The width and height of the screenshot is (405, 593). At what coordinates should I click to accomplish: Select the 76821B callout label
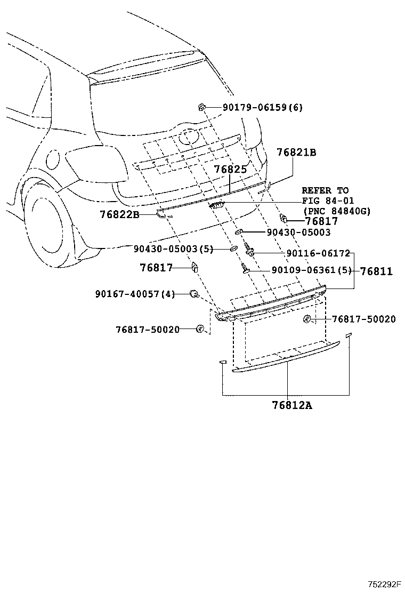pyautogui.click(x=296, y=153)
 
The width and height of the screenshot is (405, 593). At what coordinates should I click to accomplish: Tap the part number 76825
pyautogui.click(x=231, y=169)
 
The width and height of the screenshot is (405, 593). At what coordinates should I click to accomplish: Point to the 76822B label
pyautogui.click(x=119, y=214)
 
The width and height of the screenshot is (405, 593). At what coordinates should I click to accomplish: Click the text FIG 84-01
pyautogui.click(x=326, y=201)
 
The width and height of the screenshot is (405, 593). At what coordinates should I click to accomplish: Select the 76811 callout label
pyautogui.click(x=376, y=271)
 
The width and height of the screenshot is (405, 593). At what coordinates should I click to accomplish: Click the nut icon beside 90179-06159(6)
pyautogui.click(x=201, y=107)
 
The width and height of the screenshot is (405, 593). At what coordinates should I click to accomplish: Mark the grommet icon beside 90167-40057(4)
pyautogui.click(x=195, y=294)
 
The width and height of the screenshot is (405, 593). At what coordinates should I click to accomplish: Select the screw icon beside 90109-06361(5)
pyautogui.click(x=245, y=269)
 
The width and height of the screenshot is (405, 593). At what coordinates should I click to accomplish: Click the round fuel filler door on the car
pyautogui.click(x=53, y=160)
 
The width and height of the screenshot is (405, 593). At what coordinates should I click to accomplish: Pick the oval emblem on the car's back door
pyautogui.click(x=189, y=138)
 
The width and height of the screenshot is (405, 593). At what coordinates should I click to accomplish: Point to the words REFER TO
pyautogui.click(x=325, y=190)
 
